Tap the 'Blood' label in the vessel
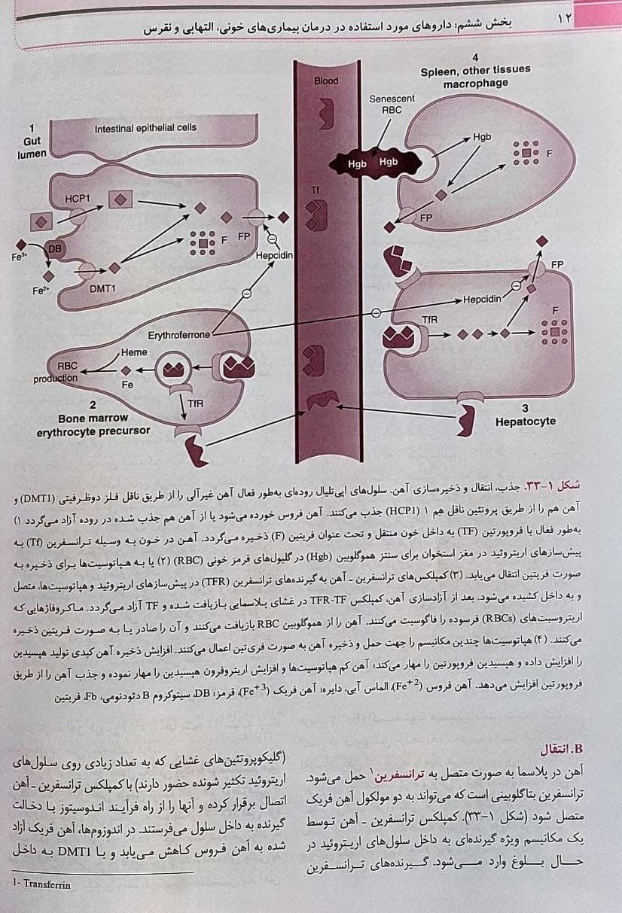[x=326, y=81]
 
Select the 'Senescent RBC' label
[x=392, y=104]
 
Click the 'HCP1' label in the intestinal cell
[x=78, y=199]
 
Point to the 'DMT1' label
[x=102, y=288]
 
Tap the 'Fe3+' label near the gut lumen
[x=20, y=257]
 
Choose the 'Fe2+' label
[x=41, y=291]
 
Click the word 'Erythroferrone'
[x=179, y=335]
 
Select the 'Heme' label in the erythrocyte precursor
[x=134, y=352]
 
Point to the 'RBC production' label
[x=56, y=372]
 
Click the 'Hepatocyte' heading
[x=526, y=421]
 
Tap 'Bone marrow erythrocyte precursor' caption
[x=93, y=425]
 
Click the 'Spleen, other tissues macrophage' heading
[x=476, y=76]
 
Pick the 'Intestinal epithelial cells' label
[x=145, y=128]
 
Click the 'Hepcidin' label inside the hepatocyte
[x=482, y=299]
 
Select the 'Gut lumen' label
[x=32, y=148]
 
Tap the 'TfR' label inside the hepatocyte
[x=430, y=320]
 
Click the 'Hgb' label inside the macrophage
[x=482, y=137]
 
